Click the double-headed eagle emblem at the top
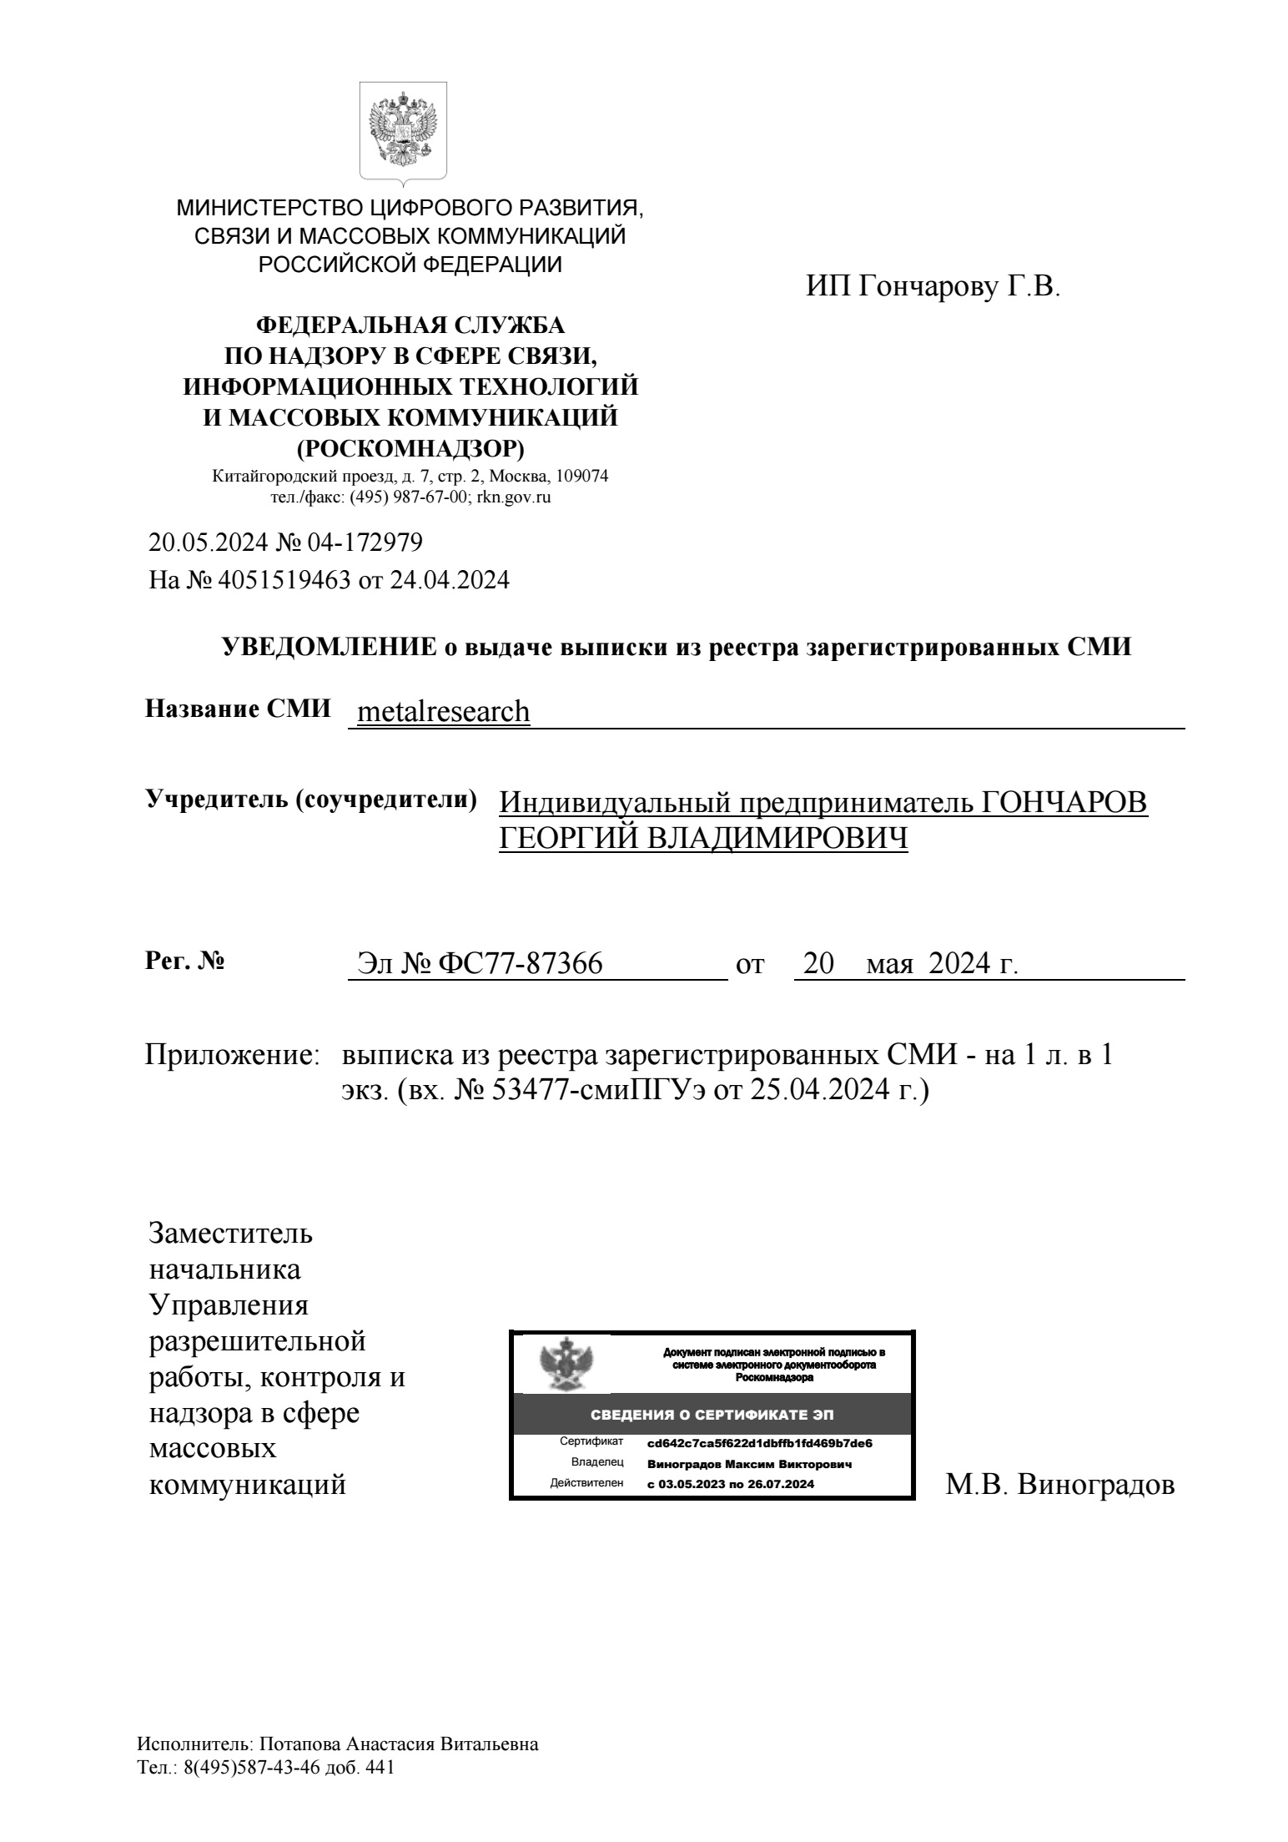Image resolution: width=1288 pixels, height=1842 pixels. (x=403, y=130)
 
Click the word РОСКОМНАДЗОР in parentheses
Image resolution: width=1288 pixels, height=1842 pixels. (x=410, y=448)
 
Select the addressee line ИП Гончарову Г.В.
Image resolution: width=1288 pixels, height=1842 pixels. (x=933, y=287)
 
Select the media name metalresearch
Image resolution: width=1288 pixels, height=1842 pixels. (x=443, y=711)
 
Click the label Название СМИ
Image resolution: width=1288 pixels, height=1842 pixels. (x=238, y=709)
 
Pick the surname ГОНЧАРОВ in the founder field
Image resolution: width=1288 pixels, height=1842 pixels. (x=1063, y=802)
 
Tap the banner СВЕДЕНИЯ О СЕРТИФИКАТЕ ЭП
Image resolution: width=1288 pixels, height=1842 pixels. (x=712, y=1415)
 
